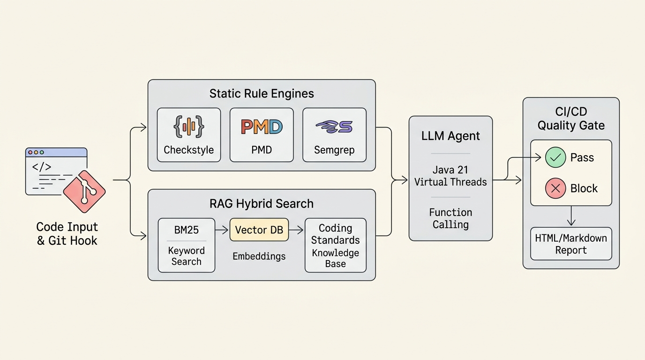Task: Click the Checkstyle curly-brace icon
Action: [x=189, y=127]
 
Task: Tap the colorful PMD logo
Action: [x=262, y=127]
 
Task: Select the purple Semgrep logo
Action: [x=334, y=127]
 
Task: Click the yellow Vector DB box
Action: [x=259, y=230]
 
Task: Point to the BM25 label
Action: [x=186, y=230]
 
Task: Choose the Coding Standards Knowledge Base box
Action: [x=336, y=245]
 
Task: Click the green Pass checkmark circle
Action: [x=555, y=157]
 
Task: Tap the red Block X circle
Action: [x=555, y=188]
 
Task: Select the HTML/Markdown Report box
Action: [x=571, y=244]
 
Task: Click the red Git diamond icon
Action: [x=84, y=192]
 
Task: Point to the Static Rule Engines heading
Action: [x=262, y=94]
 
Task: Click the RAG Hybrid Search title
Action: [x=262, y=203]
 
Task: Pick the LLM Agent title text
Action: [x=450, y=136]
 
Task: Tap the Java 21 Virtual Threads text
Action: [x=450, y=176]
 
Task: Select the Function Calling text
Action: [x=450, y=218]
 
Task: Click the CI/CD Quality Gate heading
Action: [x=571, y=119]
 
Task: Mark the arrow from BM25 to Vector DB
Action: [x=222, y=230]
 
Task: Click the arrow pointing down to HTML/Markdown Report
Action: [x=571, y=216]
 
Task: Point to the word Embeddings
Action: [x=259, y=256]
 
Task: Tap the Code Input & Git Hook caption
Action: [x=67, y=233]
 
